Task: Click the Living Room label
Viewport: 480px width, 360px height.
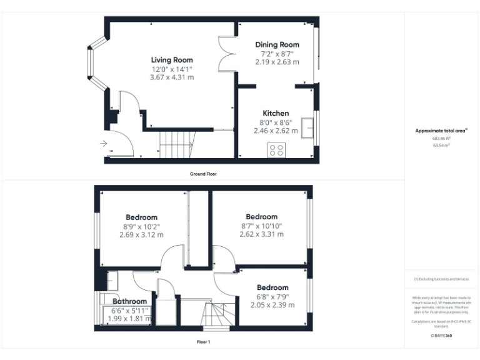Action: (171, 60)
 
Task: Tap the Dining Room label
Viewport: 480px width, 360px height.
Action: (277, 44)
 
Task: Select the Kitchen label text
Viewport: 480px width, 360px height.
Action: (276, 113)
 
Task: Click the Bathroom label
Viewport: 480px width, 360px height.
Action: (129, 301)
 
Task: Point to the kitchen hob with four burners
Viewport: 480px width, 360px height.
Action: (276, 150)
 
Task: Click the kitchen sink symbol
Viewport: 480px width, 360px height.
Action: (307, 127)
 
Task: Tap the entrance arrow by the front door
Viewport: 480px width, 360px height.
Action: (103, 144)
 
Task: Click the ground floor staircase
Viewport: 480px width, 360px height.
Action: (175, 144)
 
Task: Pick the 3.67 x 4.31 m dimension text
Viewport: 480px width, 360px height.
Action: (171, 77)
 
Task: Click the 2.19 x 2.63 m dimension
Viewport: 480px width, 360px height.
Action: (277, 62)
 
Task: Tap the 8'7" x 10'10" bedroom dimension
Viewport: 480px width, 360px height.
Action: (261, 226)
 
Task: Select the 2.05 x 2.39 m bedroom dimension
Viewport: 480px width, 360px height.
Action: (272, 305)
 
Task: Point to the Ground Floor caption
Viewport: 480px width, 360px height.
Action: (203, 173)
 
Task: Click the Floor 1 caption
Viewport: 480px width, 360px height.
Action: (203, 342)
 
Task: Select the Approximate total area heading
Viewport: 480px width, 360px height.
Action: (441, 131)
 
